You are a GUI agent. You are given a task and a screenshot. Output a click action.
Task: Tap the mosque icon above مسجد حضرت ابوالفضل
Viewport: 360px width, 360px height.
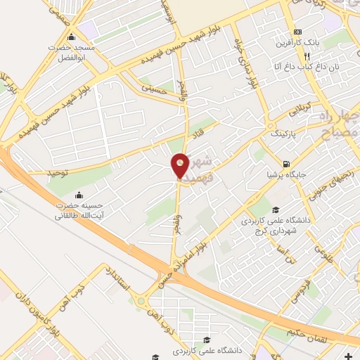(70, 37)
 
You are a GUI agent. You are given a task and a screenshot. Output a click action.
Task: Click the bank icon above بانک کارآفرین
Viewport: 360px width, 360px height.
(298, 32)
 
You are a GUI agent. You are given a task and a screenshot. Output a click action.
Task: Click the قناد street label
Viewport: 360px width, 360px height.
(199, 131)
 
